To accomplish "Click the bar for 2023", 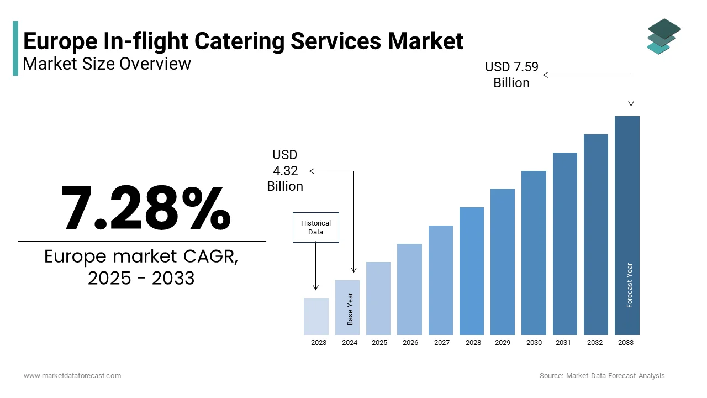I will [x=316, y=317].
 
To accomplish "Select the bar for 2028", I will [x=471, y=271].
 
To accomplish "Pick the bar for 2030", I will [x=534, y=253].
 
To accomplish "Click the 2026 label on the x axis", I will [x=410, y=343].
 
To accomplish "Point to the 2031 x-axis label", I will [x=563, y=343].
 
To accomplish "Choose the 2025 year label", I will [x=379, y=343].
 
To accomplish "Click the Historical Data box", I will [x=315, y=227].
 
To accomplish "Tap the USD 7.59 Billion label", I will [x=511, y=75].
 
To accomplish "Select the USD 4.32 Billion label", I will [x=285, y=171].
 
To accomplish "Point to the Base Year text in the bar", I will [x=350, y=308].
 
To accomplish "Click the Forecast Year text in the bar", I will [x=629, y=285].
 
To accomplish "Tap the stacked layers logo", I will [x=663, y=36].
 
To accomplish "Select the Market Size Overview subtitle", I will [x=107, y=64].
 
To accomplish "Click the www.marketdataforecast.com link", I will [x=72, y=376].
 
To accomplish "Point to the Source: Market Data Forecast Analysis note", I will [x=602, y=376].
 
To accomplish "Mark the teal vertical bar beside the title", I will [x=15, y=49].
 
